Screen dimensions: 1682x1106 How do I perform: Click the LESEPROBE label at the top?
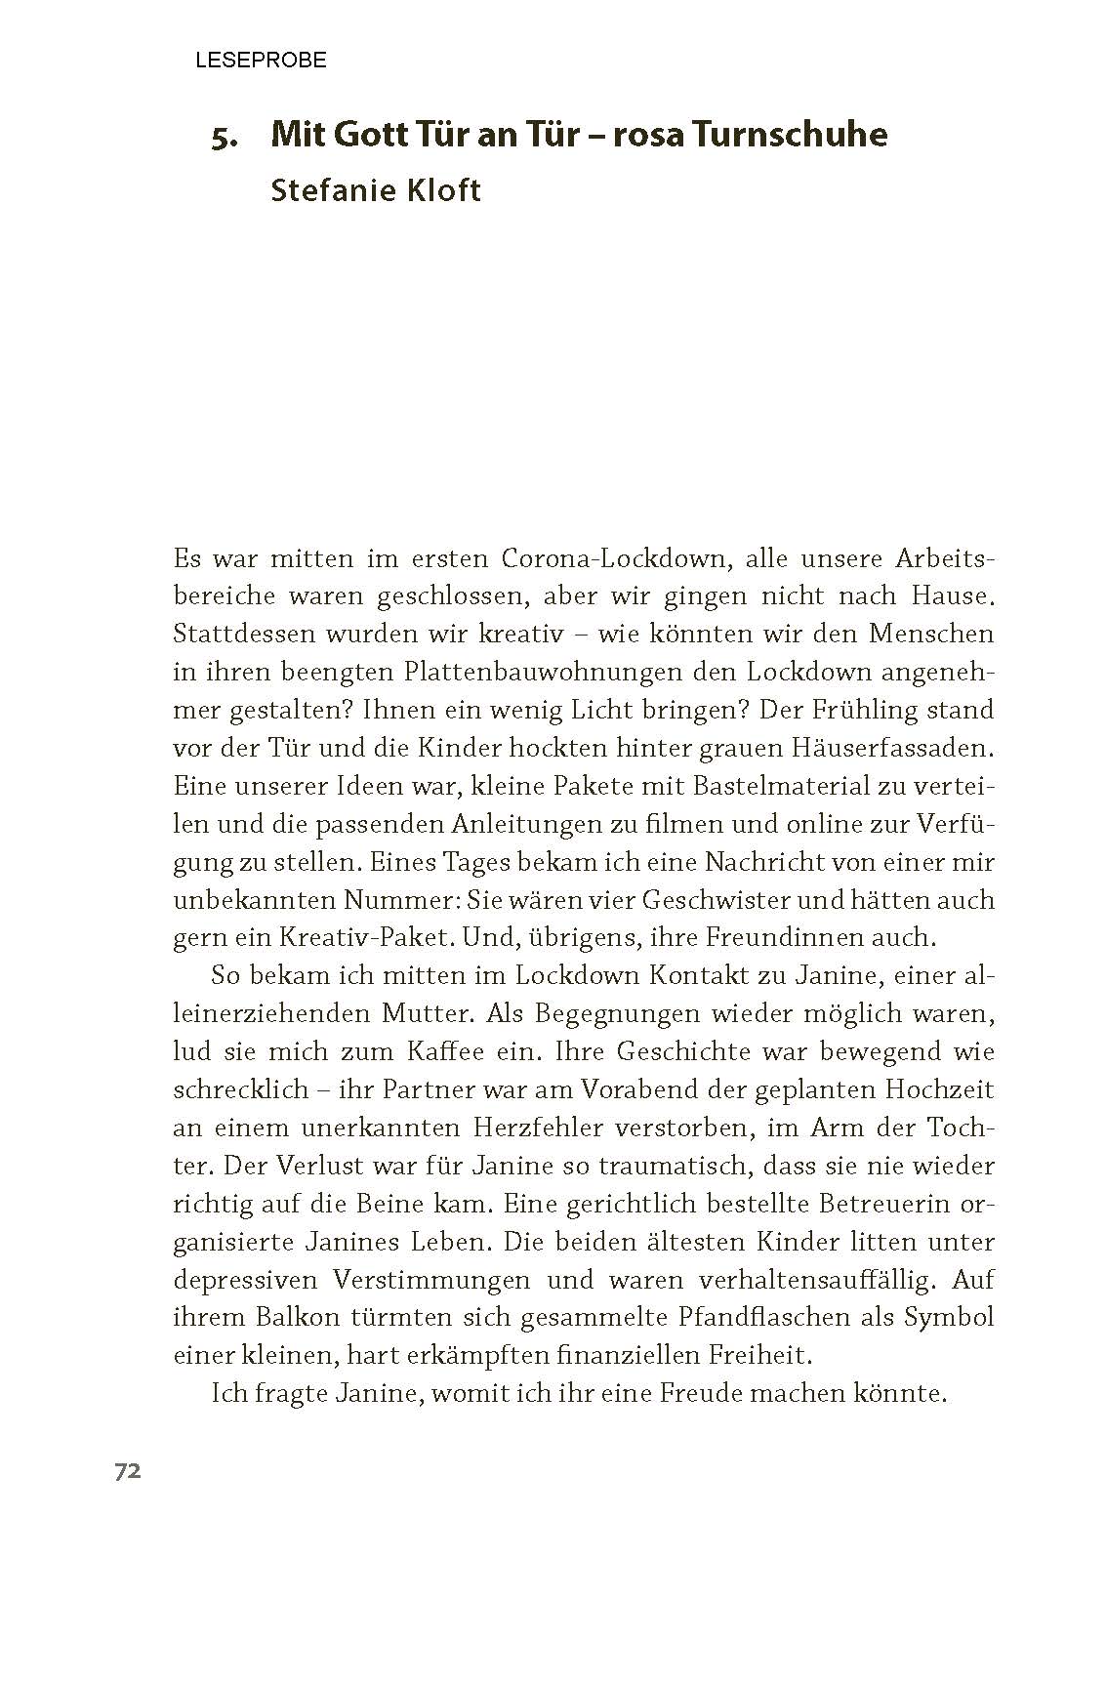[261, 61]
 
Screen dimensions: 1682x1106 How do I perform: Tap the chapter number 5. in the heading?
[225, 137]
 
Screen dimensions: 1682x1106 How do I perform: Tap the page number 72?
[128, 1471]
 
